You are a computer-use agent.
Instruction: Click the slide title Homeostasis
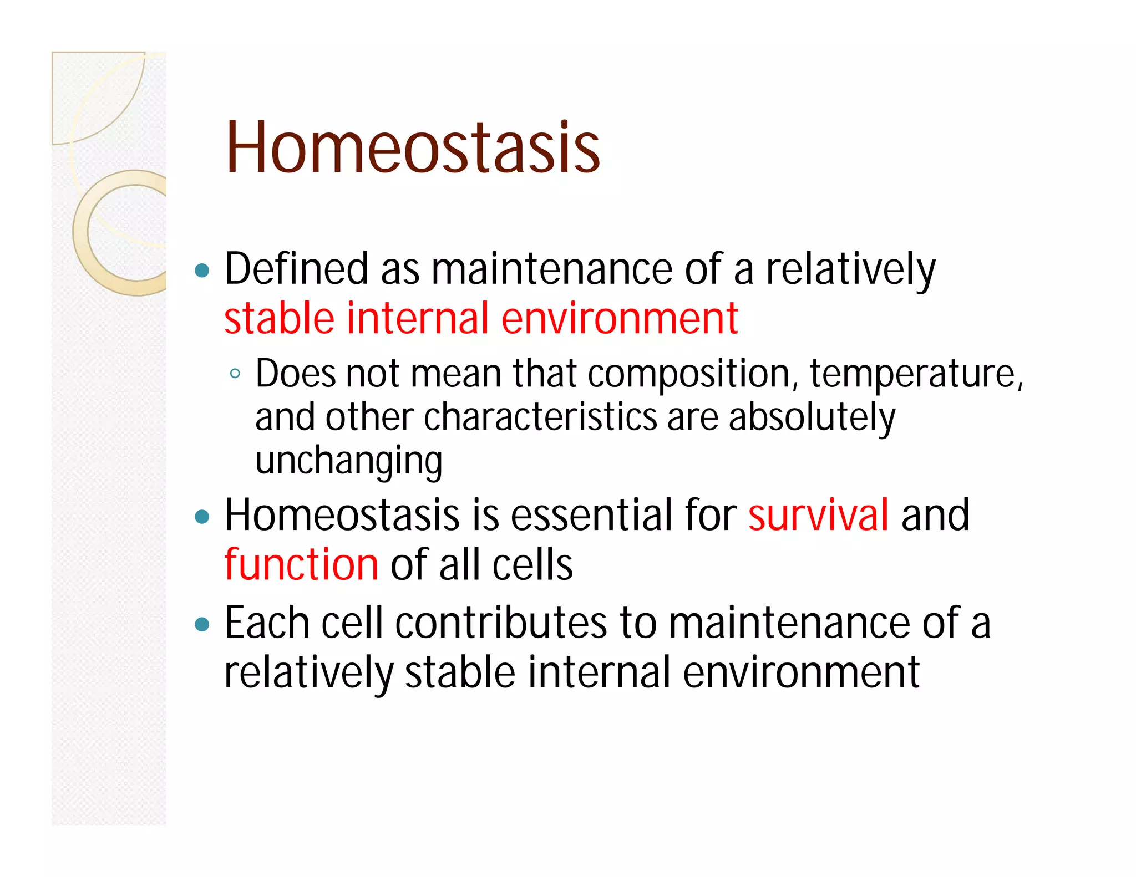click(413, 149)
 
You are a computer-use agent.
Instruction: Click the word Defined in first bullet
click(296, 269)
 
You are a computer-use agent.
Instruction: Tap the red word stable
click(279, 319)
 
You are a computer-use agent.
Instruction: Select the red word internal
click(418, 319)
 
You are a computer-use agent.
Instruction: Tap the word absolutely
click(812, 417)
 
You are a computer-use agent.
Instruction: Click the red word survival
click(818, 516)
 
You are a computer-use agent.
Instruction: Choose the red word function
click(301, 564)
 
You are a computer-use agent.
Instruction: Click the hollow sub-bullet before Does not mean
click(235, 374)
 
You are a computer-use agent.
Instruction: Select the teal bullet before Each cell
click(202, 625)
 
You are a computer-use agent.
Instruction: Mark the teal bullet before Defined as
click(202, 271)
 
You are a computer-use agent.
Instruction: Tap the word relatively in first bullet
click(850, 269)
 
